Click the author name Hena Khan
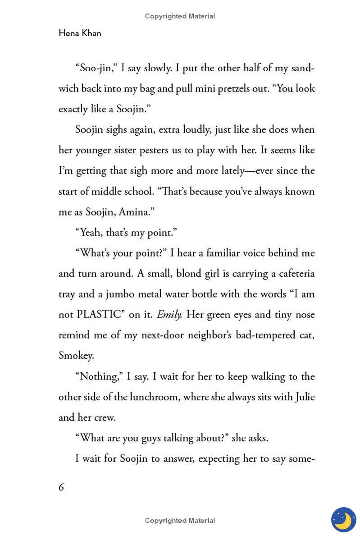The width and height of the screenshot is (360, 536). tap(80, 33)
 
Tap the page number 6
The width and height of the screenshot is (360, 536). tap(61, 487)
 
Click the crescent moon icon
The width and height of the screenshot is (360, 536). tap(343, 520)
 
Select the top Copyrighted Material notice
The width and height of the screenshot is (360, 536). tap(180, 16)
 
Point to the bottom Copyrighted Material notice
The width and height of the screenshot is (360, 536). tap(180, 521)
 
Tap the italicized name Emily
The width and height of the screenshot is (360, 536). tap(169, 315)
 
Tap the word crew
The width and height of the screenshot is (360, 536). tap(105, 417)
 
